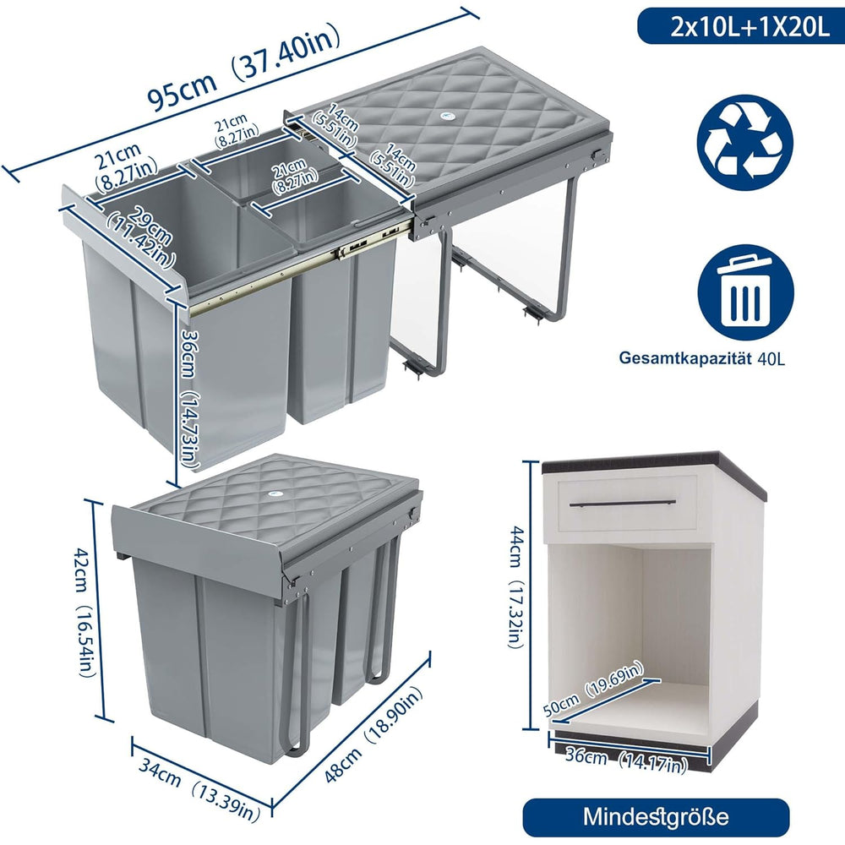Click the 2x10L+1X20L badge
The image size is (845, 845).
740,26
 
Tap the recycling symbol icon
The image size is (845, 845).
745,142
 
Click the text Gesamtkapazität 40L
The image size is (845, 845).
701,358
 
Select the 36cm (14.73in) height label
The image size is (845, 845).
189,395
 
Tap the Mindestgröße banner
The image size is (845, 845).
656,816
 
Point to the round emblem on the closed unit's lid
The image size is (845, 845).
275,493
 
